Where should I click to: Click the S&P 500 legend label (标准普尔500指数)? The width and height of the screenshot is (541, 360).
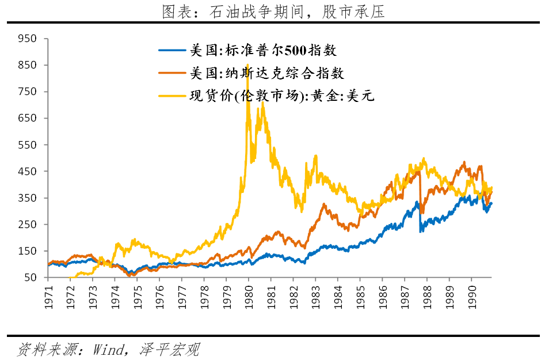coord(263,51)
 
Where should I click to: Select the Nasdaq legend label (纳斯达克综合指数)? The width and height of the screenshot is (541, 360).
coord(267,73)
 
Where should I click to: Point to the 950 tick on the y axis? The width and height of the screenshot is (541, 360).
coord(27,39)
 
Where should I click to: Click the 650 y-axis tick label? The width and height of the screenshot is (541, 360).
coord(27,118)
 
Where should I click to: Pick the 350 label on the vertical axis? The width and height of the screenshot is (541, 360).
coord(27,198)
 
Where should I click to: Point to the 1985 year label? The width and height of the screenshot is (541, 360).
coord(360,296)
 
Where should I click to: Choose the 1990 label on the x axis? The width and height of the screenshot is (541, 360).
coord(471,296)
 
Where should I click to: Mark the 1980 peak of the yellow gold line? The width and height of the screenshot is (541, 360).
coord(247,65)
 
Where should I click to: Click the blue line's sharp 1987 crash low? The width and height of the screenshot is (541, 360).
coord(421,231)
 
